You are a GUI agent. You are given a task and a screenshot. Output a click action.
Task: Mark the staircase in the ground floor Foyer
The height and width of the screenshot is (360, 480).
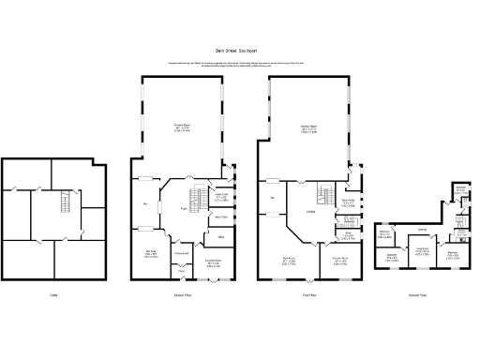pos(196,198)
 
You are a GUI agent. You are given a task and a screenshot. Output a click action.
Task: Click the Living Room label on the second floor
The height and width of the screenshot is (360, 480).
pos(423,251)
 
